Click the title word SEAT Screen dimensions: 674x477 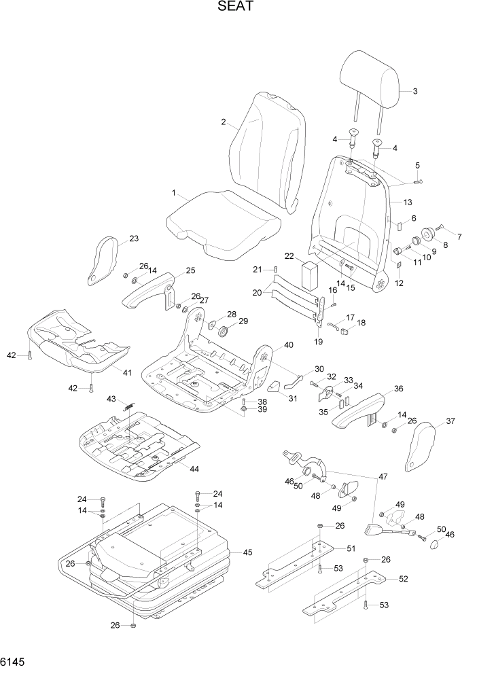[236, 8]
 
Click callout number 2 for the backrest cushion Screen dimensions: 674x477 [224, 122]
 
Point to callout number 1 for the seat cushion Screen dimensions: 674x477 [174, 193]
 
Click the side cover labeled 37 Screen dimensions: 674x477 [423, 446]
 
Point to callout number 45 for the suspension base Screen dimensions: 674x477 [247, 552]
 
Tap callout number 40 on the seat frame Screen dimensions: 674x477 [288, 345]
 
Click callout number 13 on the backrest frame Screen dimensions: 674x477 [407, 202]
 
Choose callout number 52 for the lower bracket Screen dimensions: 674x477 [403, 578]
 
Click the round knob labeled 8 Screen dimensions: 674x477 [428, 235]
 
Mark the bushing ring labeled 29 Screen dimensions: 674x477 [223, 331]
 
